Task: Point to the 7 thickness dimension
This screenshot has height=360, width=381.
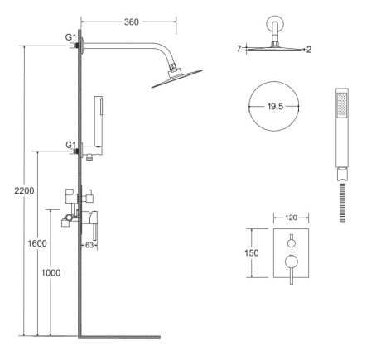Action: (238, 50)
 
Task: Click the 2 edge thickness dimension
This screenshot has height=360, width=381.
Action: (308, 50)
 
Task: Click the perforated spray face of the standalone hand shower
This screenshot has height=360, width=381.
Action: (340, 105)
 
